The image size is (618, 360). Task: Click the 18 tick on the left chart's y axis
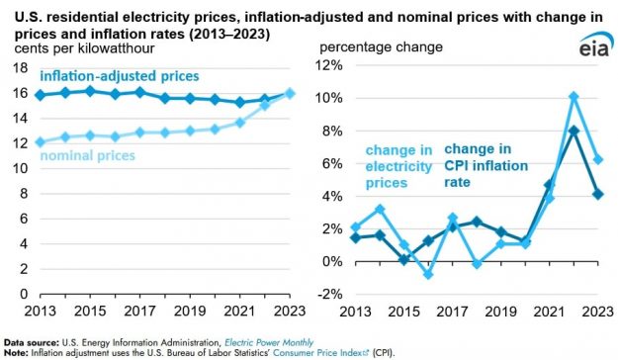coord(20,66)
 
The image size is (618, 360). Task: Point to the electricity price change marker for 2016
coord(428,274)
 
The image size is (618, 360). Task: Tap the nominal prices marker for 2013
coord(40,141)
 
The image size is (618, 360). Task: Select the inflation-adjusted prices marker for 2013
coord(40,95)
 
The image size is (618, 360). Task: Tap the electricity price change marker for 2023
coord(598,159)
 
